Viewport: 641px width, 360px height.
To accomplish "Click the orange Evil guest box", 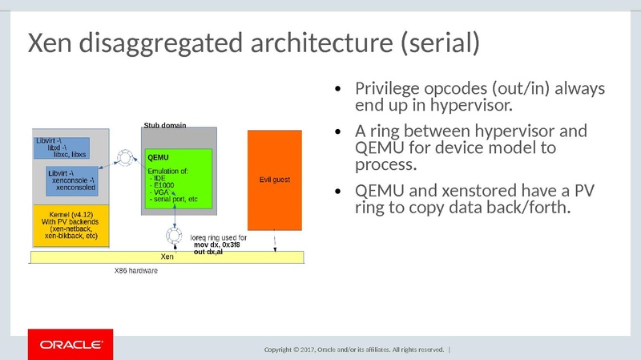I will (x=275, y=180).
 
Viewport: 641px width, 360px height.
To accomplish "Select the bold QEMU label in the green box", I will (x=159, y=157).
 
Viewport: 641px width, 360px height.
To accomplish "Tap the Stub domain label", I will (x=164, y=125).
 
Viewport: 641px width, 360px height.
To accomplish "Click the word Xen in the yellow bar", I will (x=167, y=257).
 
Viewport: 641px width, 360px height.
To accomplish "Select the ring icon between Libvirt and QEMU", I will (x=124, y=156).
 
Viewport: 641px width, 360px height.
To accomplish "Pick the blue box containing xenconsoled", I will (x=75, y=180).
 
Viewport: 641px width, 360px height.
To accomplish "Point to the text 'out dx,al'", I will (x=209, y=252).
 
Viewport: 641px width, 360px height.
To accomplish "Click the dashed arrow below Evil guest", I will (x=276, y=240).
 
